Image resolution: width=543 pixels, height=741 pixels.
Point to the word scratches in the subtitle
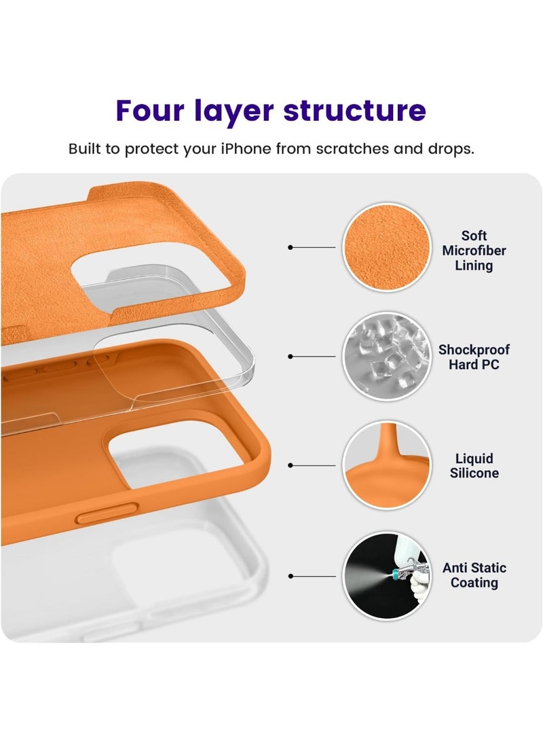point(348,149)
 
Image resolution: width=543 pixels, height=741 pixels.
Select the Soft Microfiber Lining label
point(474,251)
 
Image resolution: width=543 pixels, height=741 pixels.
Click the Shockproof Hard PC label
point(474,357)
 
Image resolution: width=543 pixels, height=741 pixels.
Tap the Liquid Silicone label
point(474,466)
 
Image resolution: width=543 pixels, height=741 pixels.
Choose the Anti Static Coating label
point(474,575)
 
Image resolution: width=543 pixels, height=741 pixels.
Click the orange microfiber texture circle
point(386,247)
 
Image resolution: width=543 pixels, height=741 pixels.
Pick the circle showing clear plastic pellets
point(386,356)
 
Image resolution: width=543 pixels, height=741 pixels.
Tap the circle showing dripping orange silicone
point(386,465)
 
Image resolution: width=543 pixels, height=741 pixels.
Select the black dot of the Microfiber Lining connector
point(291,248)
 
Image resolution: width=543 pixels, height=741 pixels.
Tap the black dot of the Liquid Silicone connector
point(291,466)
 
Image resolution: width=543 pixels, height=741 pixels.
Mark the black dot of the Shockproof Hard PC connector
point(291,357)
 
